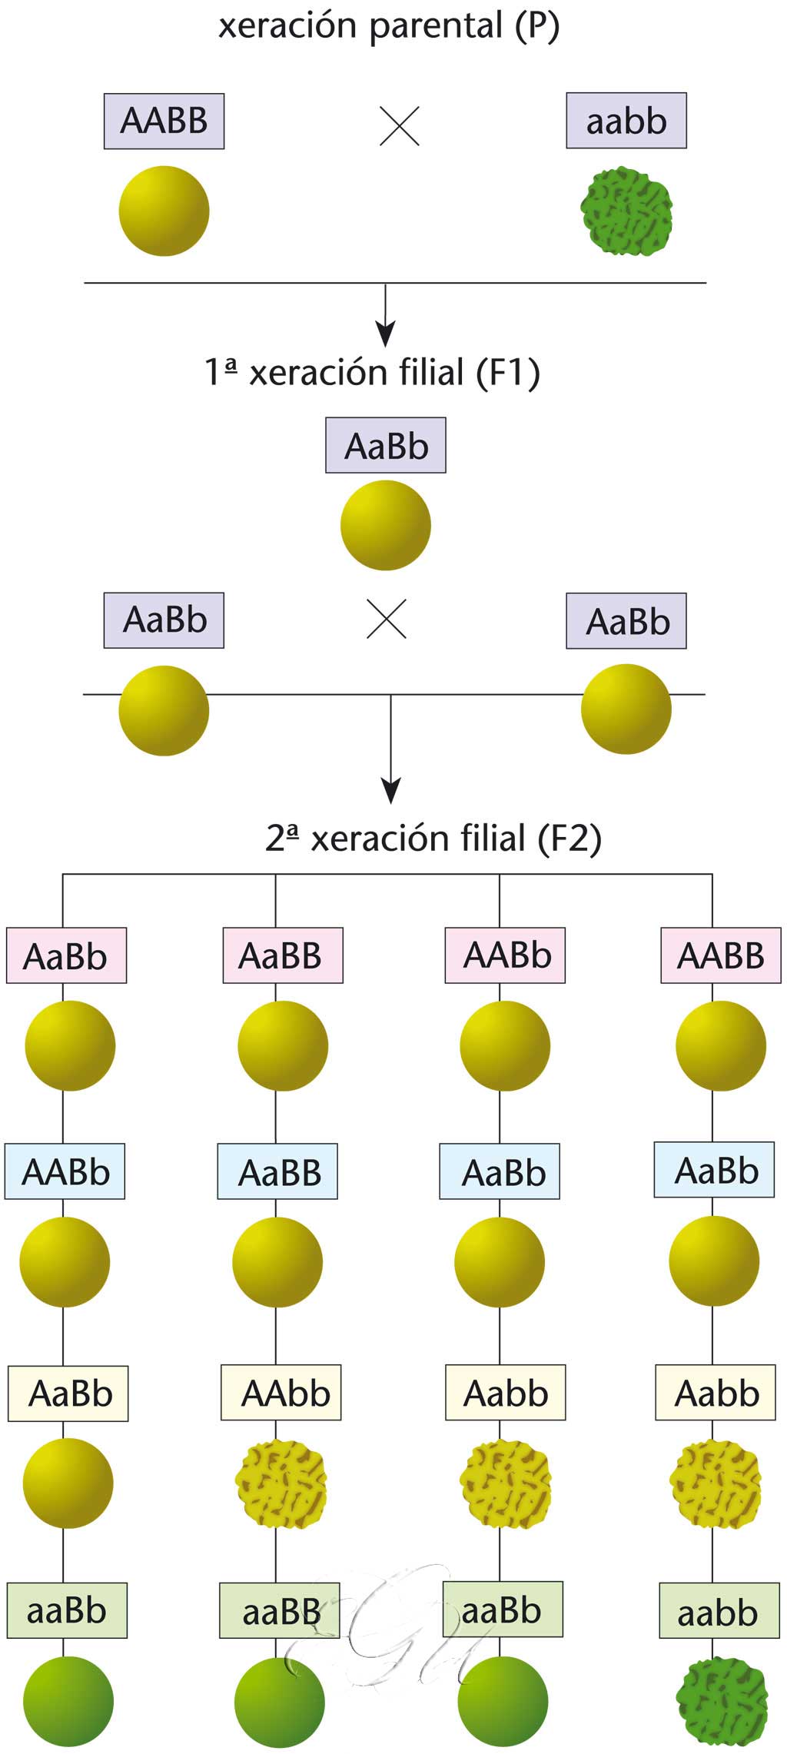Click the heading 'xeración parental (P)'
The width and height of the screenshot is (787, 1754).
coord(388,26)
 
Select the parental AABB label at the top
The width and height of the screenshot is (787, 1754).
coord(164,121)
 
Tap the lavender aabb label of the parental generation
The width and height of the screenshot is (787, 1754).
coord(626,121)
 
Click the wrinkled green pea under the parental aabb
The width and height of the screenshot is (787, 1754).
coord(626,211)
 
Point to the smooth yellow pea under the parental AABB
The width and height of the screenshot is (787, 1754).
coord(164,211)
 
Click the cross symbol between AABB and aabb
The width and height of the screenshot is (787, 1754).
coord(400,126)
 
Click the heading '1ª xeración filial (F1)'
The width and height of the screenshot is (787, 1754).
coord(372,372)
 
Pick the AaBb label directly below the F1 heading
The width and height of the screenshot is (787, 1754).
coord(385,446)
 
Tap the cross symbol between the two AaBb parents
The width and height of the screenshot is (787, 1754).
coord(387,619)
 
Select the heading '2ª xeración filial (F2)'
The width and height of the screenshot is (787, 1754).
coord(433,838)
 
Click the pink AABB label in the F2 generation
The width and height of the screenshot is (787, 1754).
coord(720,955)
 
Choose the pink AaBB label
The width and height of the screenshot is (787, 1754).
coord(282,955)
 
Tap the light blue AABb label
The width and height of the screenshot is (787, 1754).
coord(65,1171)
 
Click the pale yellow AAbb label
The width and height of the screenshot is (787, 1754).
coord(281,1393)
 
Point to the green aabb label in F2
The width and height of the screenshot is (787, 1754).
coord(719,1612)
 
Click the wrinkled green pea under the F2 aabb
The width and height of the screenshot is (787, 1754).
coord(721,1701)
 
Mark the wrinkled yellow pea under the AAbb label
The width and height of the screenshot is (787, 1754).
coord(281,1483)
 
